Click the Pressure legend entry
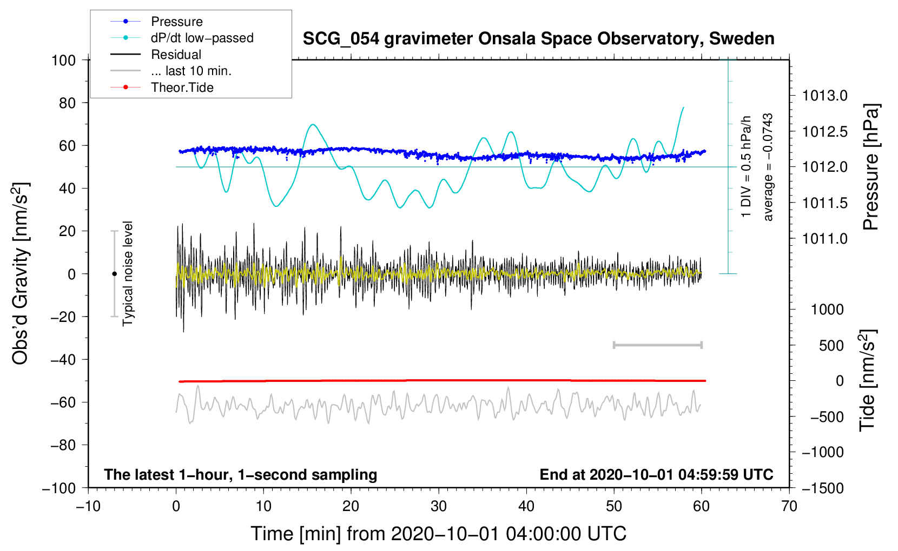coord(156,21)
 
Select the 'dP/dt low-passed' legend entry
coord(182,38)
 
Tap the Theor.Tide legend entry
coord(162,88)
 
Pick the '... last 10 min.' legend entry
coord(171,71)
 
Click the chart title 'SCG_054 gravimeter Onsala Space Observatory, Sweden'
coord(538,39)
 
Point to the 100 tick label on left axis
coord(64,61)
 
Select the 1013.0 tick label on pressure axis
coord(824,96)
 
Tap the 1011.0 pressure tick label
coord(824,239)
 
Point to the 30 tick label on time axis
coord(439,507)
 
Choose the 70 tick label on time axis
coord(789,507)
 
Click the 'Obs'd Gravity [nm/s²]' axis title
coord(20,273)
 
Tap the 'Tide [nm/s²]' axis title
coord(867,381)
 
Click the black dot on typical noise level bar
coord(114,274)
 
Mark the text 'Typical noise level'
coord(128,274)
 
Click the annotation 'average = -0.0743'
coord(767,167)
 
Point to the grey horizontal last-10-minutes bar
coord(657,345)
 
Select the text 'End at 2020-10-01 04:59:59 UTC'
coord(656,474)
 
